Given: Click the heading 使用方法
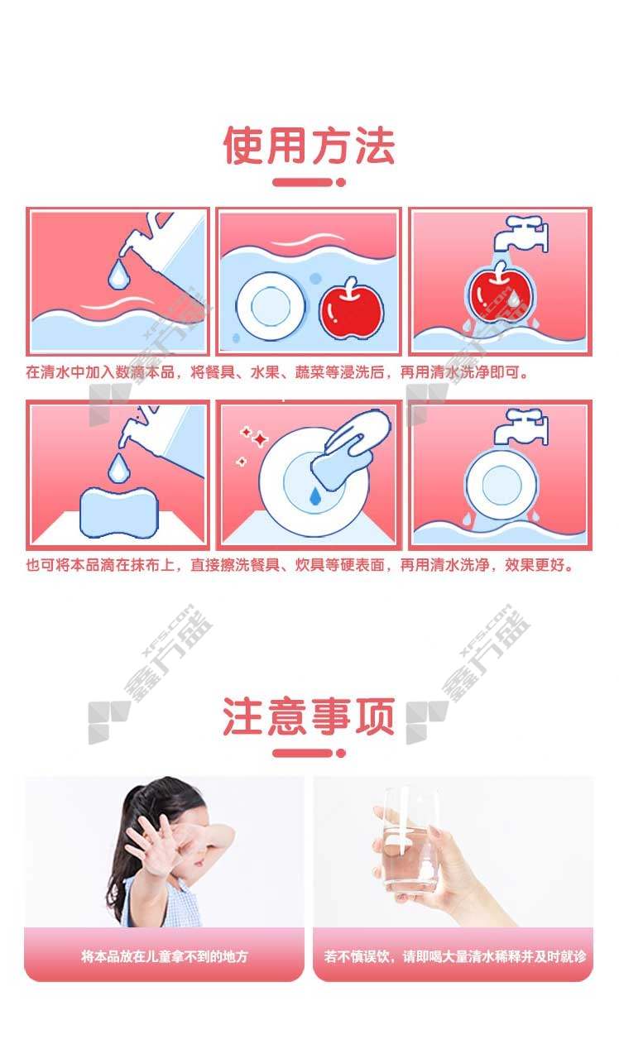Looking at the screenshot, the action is point(309,146).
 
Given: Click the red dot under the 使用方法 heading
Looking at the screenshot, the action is point(341,183).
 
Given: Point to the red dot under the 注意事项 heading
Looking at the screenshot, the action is point(341,753).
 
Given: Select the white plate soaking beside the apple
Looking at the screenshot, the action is point(271,306).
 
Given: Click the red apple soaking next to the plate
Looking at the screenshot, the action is point(351,309).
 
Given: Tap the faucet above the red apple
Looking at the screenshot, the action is point(521,233).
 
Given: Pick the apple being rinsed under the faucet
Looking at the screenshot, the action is point(500,295).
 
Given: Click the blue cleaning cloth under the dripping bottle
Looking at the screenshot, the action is point(119,513).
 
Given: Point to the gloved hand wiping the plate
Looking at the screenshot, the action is point(352,448).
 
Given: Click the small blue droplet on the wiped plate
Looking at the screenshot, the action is point(314,496).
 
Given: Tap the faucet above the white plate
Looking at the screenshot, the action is point(521,426).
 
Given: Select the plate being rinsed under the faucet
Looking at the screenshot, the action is point(501,484).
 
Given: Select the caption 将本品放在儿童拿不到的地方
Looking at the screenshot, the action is point(165,956).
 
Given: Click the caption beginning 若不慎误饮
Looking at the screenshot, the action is point(454,956).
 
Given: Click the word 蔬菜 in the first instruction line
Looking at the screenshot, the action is point(309,371).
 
